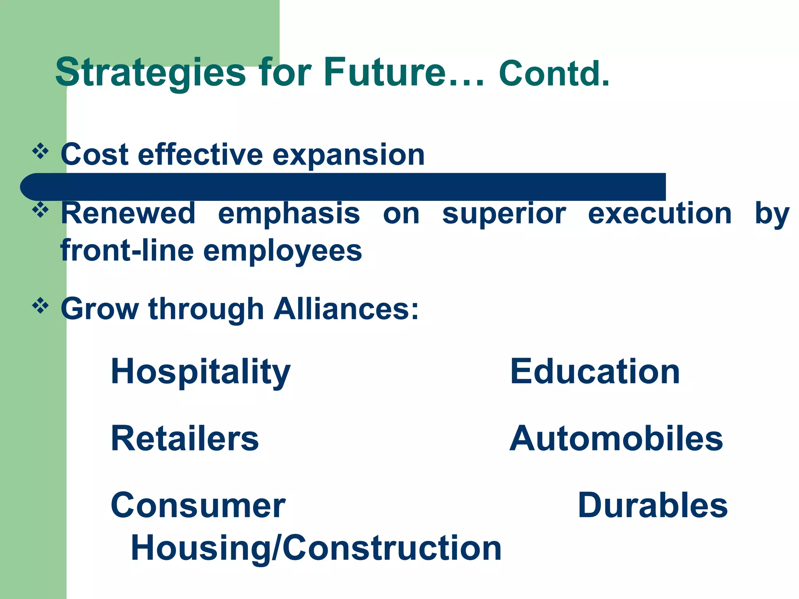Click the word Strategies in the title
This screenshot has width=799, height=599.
pyautogui.click(x=150, y=73)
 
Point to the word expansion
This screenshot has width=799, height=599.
pyautogui.click(x=348, y=155)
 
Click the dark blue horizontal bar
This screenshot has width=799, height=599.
pyautogui.click(x=343, y=187)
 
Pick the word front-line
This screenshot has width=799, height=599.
pyautogui.click(x=127, y=250)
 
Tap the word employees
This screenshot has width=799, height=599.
pyautogui.click(x=282, y=252)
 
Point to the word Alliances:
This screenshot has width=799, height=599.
pyautogui.click(x=346, y=309)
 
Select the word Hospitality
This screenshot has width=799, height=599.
pyautogui.click(x=201, y=372)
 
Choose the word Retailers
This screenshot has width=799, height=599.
pyautogui.click(x=185, y=439)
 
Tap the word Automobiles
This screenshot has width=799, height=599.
pyautogui.click(x=616, y=439)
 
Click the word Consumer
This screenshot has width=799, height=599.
pyautogui.click(x=198, y=505)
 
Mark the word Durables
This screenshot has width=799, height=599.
pyautogui.click(x=652, y=505)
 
